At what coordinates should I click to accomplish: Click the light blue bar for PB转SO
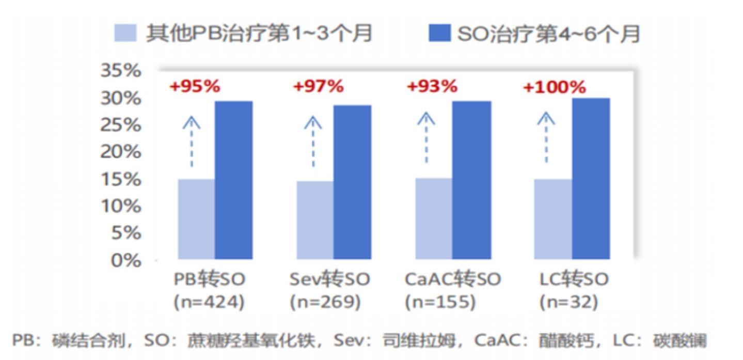[197, 219]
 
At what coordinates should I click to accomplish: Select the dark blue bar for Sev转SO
[352, 182]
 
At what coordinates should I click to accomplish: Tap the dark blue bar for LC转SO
[591, 179]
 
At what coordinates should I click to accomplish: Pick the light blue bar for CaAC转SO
[434, 218]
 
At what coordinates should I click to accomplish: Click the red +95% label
[195, 87]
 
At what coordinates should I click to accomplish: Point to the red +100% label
[555, 87]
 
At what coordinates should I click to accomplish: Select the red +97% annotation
[319, 87]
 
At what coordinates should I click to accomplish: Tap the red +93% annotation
[432, 87]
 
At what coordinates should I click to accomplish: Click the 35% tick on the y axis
[121, 70]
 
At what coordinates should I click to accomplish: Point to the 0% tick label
[126, 260]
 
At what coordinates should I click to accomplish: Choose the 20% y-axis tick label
[121, 152]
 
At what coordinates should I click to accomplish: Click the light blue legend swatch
[125, 33]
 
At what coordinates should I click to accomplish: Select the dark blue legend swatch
[439, 33]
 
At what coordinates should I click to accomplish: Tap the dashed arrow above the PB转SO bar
[192, 142]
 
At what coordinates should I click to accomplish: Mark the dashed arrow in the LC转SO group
[546, 137]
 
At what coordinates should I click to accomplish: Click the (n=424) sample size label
[209, 302]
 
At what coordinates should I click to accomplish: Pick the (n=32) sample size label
[569, 302]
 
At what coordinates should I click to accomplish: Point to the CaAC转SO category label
[453, 279]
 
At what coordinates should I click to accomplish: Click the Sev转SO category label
[330, 279]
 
